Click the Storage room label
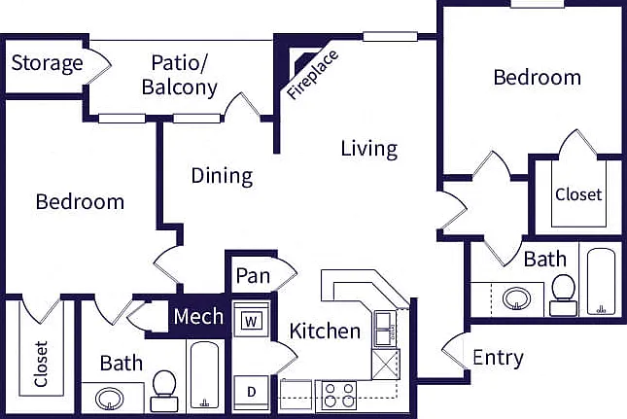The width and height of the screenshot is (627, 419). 48,63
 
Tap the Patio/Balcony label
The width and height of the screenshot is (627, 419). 180,75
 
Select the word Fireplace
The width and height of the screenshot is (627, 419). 312,75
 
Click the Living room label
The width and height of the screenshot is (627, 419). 369,149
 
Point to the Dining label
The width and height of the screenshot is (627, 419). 222,176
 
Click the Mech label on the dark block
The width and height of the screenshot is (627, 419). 198,316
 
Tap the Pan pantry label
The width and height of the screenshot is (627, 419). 253,275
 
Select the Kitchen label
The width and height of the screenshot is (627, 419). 325,332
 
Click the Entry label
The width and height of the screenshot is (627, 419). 498,358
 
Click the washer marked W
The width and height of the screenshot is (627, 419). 251,320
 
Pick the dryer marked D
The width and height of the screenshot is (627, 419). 251,393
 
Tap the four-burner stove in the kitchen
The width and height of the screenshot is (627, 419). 338,396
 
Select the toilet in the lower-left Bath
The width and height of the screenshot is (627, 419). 164,391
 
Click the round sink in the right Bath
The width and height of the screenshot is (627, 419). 516,298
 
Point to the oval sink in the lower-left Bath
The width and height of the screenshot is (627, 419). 110,399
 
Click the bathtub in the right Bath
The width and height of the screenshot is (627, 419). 601,281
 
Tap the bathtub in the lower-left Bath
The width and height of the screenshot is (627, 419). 204,374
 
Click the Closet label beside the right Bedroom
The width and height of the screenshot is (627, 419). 578,194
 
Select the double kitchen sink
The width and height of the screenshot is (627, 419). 384,329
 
